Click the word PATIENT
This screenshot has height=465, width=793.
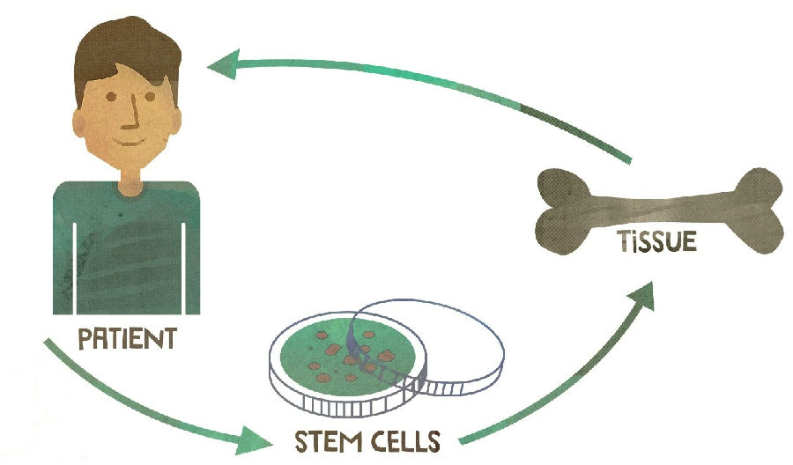tap(127, 339)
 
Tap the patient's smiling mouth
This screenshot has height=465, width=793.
tap(130, 138)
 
